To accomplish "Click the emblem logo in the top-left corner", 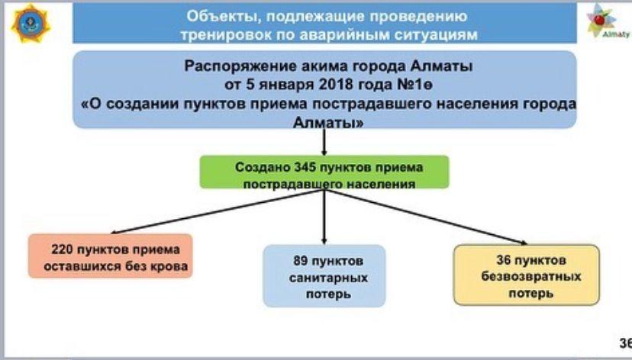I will (28, 24).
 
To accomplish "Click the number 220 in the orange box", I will (62, 249).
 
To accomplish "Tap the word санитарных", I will (324, 278).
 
